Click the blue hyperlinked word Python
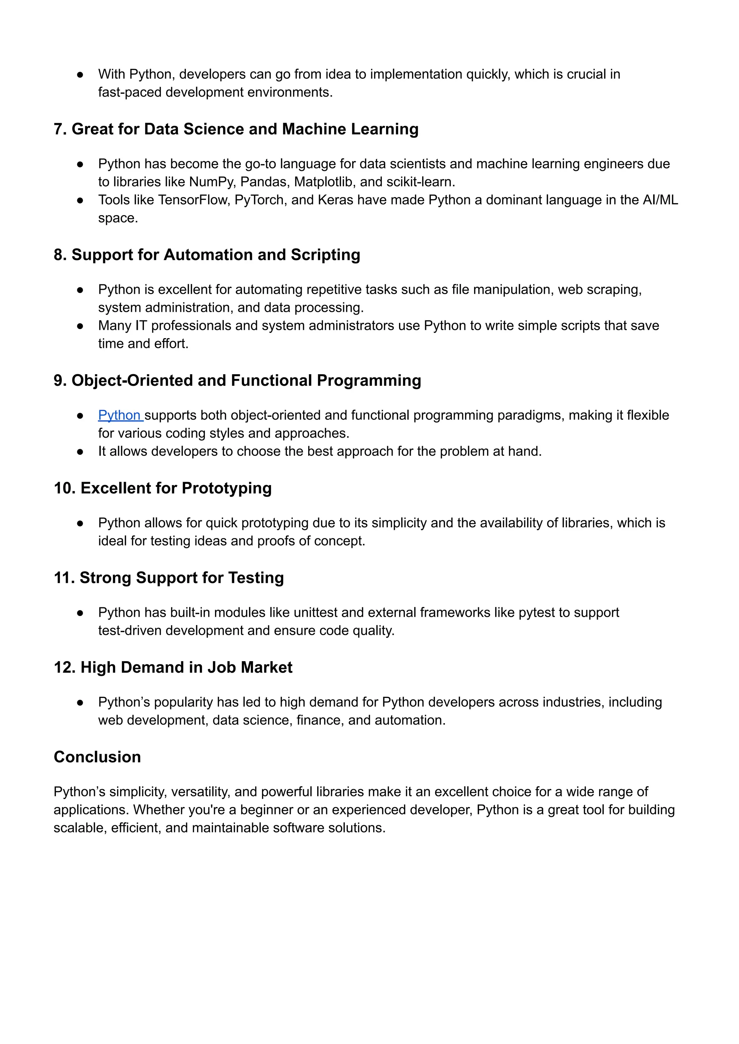coord(119,415)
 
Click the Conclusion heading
coord(97,757)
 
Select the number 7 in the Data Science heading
coord(58,129)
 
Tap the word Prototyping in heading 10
coord(227,488)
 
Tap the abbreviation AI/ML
coord(660,200)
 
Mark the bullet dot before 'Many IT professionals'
coord(80,326)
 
